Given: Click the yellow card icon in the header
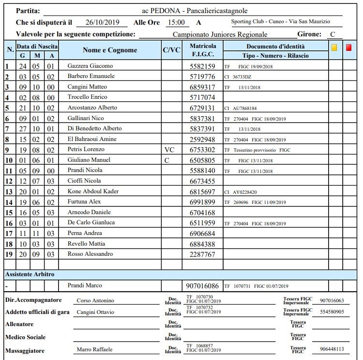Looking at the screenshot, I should (334, 47).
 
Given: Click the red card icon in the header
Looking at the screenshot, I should (349, 47).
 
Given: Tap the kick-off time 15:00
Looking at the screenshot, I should (176, 22).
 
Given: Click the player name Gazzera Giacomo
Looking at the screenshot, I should (91, 66).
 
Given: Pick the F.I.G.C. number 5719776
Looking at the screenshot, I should (202, 77).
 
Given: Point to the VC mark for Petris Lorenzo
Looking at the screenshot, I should (168, 150).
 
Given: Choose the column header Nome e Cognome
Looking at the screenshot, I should (110, 50).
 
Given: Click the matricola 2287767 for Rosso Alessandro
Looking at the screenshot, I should (202, 254).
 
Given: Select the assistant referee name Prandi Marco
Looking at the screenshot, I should (85, 285).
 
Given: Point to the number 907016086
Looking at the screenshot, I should (202, 286).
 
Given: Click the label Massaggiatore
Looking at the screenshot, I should (25, 350).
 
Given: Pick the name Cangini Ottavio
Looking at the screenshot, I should (95, 312).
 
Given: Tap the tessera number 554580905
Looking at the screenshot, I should (332, 312).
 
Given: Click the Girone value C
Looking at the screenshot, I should (333, 34).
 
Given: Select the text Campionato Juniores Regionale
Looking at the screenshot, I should (220, 34).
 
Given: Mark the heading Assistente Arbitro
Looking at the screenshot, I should (30, 274).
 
